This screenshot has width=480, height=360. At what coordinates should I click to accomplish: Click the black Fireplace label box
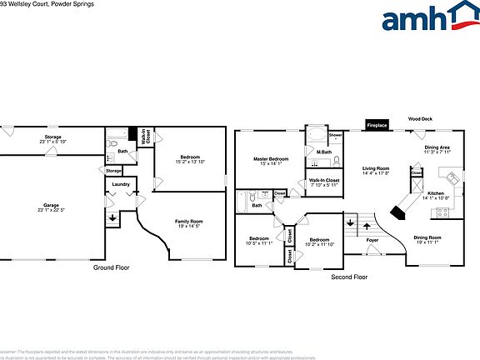point(377,126)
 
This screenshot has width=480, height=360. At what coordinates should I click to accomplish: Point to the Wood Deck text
point(420,119)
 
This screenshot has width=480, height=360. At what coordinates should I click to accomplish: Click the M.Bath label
point(324,151)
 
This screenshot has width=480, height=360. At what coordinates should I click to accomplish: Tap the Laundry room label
point(120,184)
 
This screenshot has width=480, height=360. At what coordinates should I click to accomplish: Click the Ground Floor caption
point(111,268)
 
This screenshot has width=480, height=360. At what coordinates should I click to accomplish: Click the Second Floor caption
point(348,276)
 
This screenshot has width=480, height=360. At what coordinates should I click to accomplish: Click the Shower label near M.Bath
point(335,134)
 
